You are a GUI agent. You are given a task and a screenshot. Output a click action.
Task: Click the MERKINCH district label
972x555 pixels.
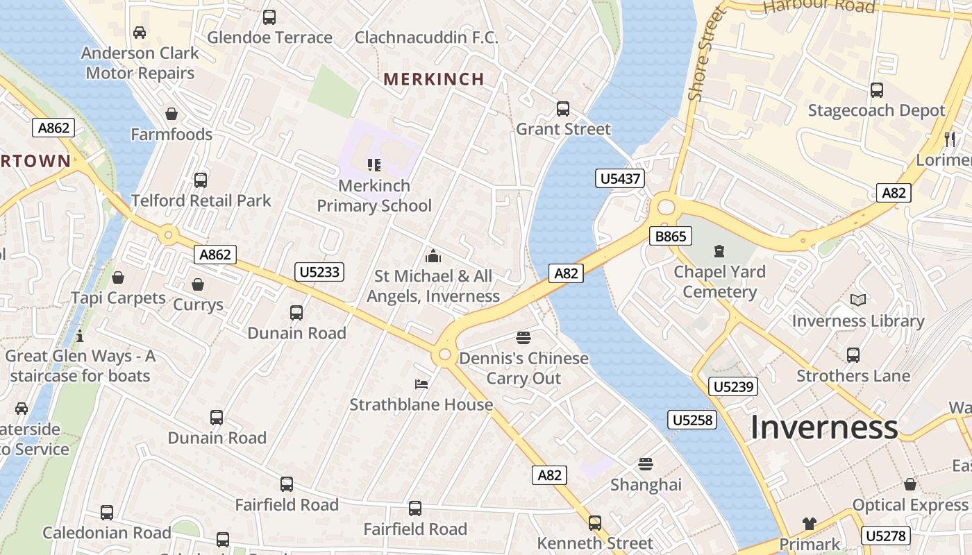pos(434,79)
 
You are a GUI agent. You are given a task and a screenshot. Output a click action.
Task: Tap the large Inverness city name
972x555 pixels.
pos(824,427)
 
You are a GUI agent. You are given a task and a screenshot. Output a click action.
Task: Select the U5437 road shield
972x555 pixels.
pos(620,179)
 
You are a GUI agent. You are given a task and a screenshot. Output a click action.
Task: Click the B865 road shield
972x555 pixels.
pos(671,237)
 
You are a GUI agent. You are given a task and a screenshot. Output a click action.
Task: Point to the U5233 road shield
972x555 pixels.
pos(319,271)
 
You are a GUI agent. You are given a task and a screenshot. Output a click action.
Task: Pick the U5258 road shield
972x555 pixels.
pos(692,419)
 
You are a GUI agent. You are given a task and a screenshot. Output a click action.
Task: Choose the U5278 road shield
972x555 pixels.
pos(885,536)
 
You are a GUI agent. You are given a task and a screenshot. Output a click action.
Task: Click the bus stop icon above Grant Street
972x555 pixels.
pos(562,109)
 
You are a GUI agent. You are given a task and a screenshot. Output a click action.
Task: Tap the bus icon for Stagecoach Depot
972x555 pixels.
pos(876,90)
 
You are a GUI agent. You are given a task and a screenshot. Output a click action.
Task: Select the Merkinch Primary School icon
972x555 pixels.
pos(374,165)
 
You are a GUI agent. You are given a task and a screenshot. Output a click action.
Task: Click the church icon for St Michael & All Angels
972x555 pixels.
pos(433,256)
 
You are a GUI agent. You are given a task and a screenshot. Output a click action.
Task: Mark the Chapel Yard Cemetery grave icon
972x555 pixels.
pos(719,251)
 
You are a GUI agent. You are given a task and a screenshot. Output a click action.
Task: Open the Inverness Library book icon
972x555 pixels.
pos(858,300)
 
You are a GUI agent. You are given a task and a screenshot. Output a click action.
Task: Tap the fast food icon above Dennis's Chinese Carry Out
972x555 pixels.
pos(523,338)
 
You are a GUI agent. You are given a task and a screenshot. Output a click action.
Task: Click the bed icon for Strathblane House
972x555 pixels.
pos(421,384)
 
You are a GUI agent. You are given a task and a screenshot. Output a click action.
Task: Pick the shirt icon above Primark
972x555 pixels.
pos(809,523)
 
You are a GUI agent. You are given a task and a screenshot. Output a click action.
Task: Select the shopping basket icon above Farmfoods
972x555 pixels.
pos(171,114)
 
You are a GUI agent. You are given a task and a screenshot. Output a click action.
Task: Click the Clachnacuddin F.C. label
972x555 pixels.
pos(426,37)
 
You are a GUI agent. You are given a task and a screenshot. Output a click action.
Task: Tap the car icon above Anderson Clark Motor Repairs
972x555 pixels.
pos(140,33)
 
